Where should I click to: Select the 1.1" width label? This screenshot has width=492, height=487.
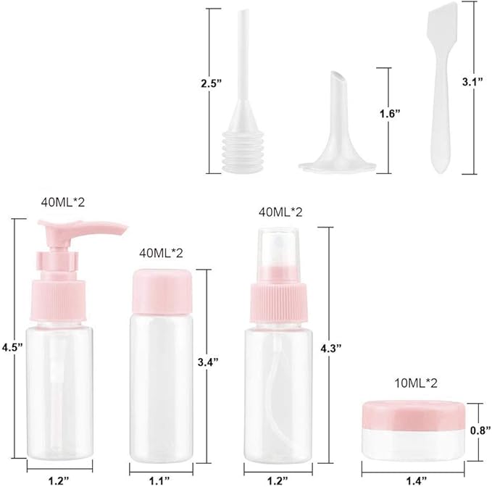tap(160, 479)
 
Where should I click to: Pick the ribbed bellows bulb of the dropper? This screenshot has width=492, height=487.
tap(239, 151)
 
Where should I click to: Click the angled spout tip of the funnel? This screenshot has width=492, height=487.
tap(336, 78)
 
